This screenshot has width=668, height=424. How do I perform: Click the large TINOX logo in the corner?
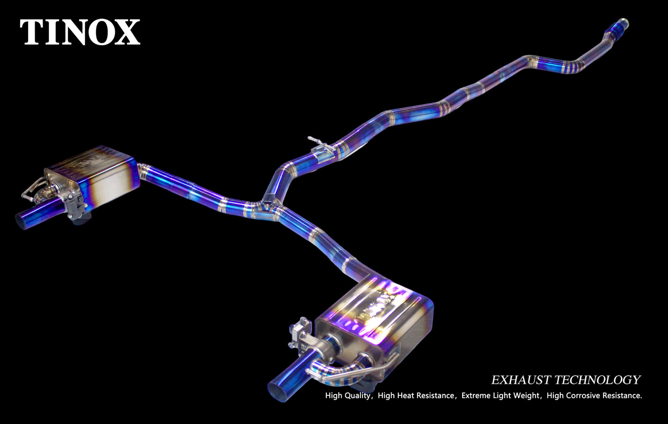[x=80, y=32]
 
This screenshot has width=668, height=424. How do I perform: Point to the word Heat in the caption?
[x=406, y=396]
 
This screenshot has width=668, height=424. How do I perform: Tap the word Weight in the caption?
[x=527, y=396]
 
